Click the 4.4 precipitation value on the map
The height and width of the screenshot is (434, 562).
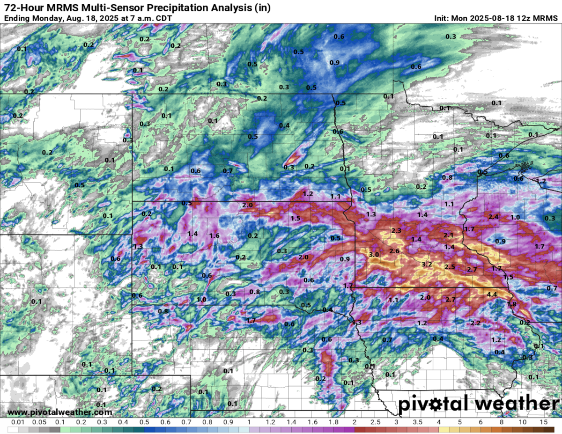pyautogui.click(x=492, y=294)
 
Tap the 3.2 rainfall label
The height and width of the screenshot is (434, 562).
pyautogui.click(x=426, y=265)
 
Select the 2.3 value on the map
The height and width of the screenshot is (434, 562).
pyautogui.click(x=396, y=230)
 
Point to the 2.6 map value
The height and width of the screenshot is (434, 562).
pyautogui.click(x=394, y=251)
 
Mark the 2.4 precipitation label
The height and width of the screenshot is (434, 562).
pyautogui.click(x=493, y=217)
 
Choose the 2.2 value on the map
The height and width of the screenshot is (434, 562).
pyautogui.click(x=475, y=323)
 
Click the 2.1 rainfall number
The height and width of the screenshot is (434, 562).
pyautogui.click(x=449, y=235)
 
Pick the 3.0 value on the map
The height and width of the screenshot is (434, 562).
pyautogui.click(x=374, y=254)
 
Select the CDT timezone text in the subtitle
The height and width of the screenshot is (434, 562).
pyautogui.click(x=163, y=18)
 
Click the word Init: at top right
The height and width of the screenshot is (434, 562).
pyautogui.click(x=443, y=18)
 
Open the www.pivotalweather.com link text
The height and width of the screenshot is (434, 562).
pyautogui.click(x=60, y=412)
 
